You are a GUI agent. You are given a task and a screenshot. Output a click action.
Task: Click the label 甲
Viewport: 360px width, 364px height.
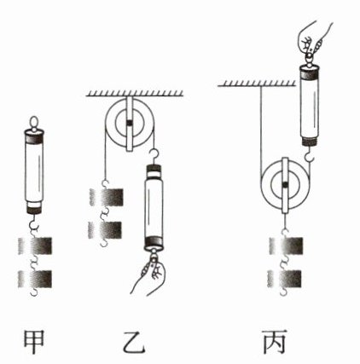(34, 342)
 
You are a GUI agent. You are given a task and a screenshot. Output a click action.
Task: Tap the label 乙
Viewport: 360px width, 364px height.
(134, 342)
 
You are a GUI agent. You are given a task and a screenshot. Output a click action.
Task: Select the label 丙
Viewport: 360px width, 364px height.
(274, 342)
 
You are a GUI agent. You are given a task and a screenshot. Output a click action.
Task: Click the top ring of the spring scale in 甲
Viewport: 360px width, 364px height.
(34, 123)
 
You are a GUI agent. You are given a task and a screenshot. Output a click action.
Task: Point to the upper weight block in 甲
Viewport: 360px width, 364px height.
(35, 246)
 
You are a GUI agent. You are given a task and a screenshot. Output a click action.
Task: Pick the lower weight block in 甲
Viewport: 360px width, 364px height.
(35, 279)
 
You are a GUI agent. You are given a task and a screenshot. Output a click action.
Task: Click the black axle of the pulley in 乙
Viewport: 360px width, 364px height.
(130, 123)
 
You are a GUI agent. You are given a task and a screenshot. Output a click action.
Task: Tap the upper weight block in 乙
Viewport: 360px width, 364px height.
(107, 198)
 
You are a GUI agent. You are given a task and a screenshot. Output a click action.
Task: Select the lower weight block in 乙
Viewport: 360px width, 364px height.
(105, 230)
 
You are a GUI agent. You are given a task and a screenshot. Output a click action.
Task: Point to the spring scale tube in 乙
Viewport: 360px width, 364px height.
(154, 206)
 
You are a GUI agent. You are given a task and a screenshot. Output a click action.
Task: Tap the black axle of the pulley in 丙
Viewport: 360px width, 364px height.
(285, 186)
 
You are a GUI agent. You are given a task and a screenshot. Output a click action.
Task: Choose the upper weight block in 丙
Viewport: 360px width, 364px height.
(286, 246)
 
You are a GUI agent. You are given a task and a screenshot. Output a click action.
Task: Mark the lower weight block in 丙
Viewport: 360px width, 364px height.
(284, 279)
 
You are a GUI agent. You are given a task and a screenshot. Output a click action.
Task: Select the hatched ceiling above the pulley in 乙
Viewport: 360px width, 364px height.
(135, 94)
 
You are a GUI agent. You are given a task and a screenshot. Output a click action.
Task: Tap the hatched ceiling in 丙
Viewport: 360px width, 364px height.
(257, 83)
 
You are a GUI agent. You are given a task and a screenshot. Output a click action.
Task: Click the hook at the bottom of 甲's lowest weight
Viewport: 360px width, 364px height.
(34, 292)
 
